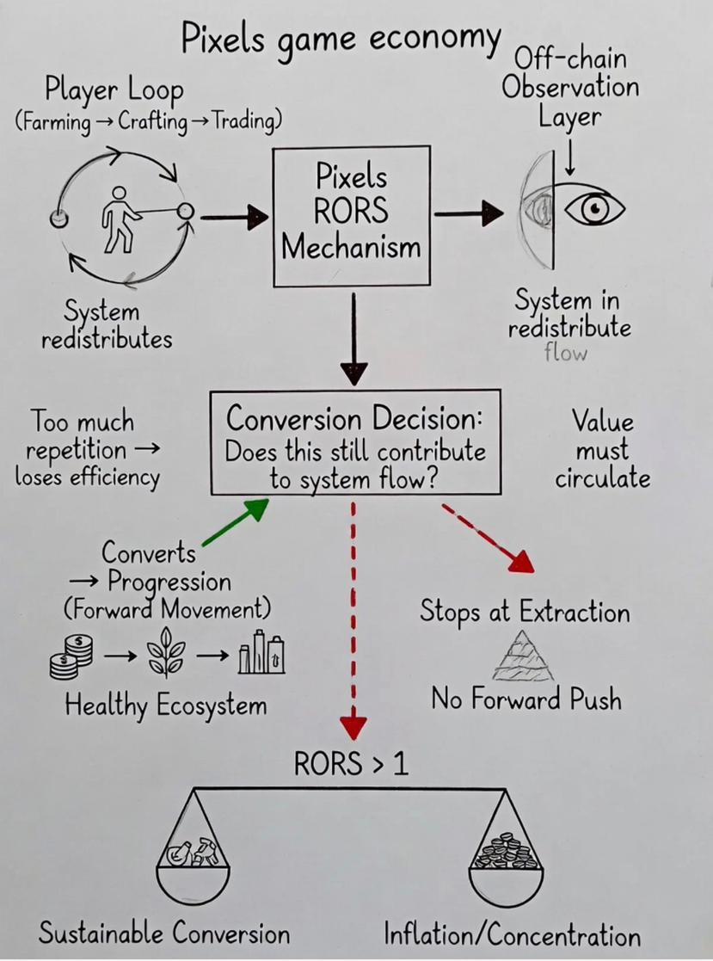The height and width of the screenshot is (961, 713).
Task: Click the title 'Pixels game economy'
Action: pos(340,39)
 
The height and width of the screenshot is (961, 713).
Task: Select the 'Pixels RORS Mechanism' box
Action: pos(352,215)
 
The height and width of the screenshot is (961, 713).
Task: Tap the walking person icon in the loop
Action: pos(119,219)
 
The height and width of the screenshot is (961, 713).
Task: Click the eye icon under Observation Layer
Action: pos(593,209)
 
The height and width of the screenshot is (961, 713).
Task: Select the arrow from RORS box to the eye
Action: pos(469,213)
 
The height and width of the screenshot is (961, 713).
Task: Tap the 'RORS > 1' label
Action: pos(351,764)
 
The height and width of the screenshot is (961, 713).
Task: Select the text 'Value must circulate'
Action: pos(602,450)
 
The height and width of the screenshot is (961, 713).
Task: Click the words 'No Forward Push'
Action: pos(526,699)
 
